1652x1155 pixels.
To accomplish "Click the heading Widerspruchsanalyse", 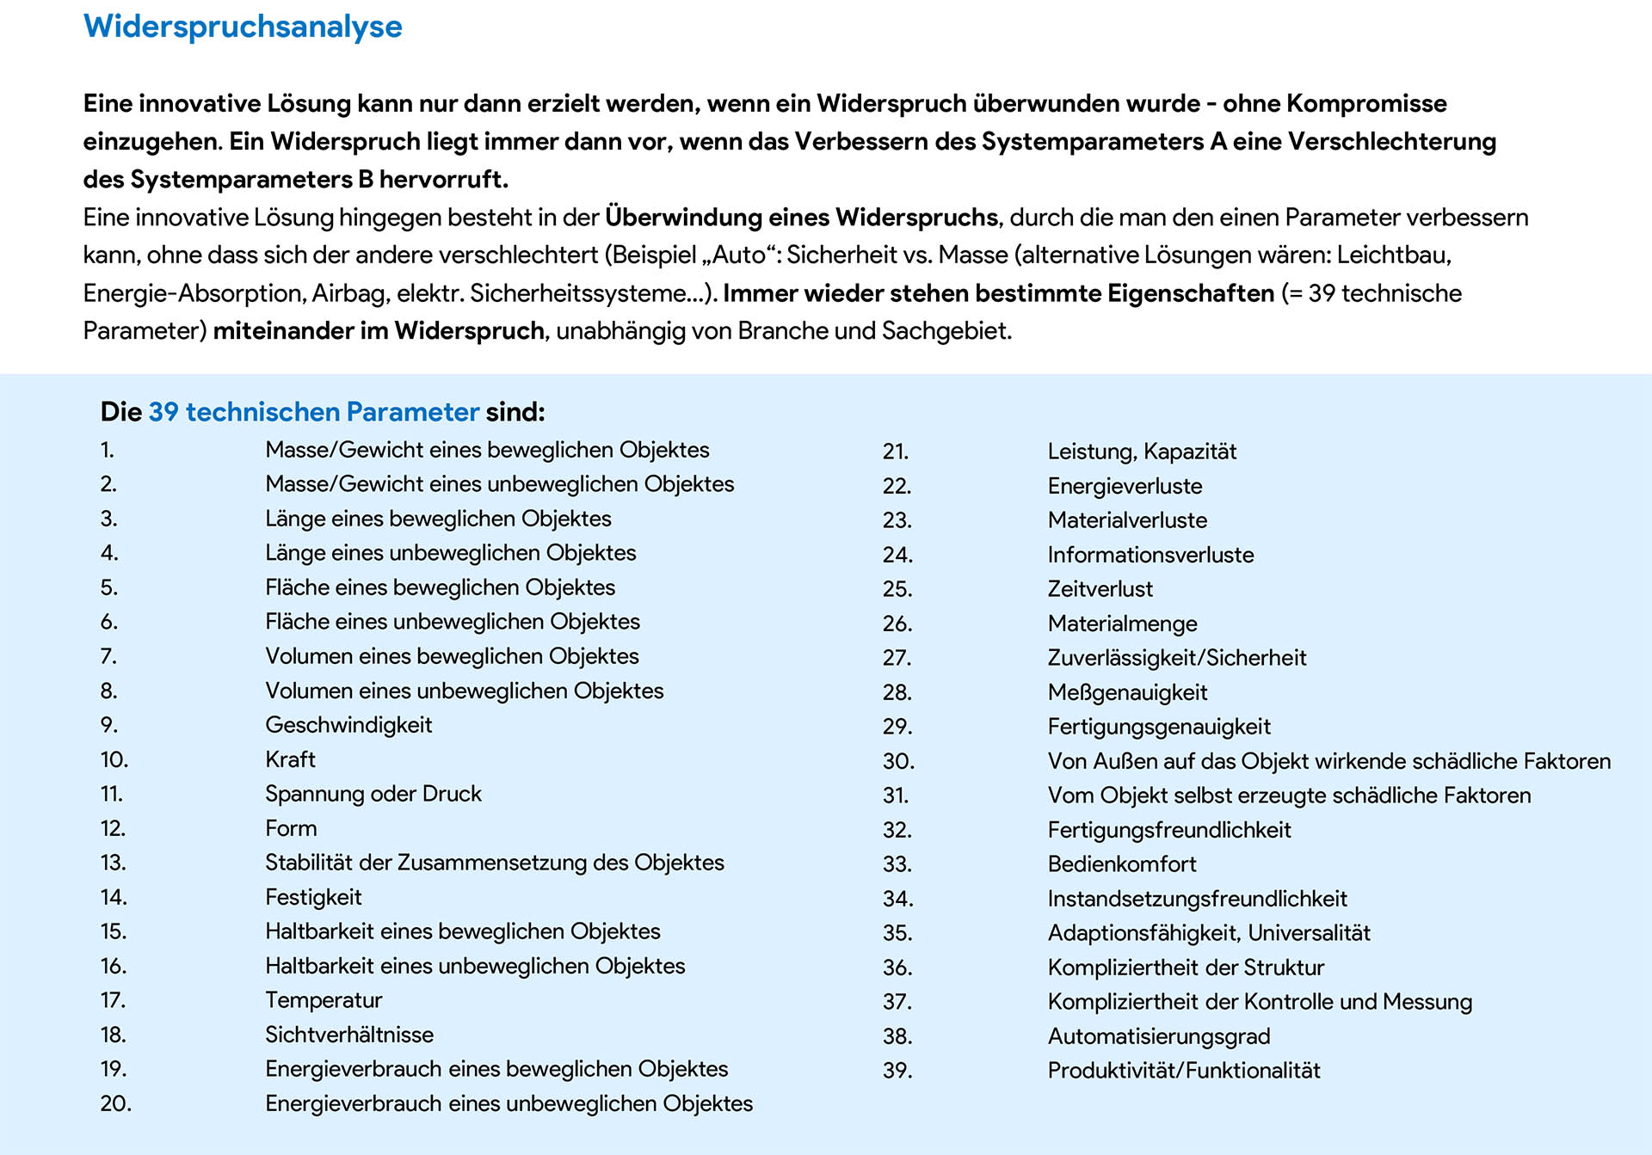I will pos(243,27).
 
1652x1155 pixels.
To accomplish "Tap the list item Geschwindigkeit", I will pos(348,725).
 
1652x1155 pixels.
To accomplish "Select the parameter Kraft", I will pos(290,759).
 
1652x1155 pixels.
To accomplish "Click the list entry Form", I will pos(291,828).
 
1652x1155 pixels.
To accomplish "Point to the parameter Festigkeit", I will pos(313,897).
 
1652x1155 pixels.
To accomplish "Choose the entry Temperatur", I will pos(324,1000).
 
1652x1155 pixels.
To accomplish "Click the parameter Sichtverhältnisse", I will pos(349,1035).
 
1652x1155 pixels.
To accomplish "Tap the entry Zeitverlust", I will pos(1100,589).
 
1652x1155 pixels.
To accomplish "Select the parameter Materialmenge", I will pos(1122,624).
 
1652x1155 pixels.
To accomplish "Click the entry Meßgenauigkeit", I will pos(1127,692).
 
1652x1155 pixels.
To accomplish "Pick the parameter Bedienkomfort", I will pos(1122,864).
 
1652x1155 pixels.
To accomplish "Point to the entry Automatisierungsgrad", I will pos(1158,1036).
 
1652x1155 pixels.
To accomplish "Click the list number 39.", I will pos(897,1071).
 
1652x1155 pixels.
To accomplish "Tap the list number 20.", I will pos(115,1103).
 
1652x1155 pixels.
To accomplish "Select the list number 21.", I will pos(896,452).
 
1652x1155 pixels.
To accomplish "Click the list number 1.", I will pos(107,450).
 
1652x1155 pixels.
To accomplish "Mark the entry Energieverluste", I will pos(1125,486).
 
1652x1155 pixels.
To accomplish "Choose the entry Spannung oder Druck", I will pos(373,794).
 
